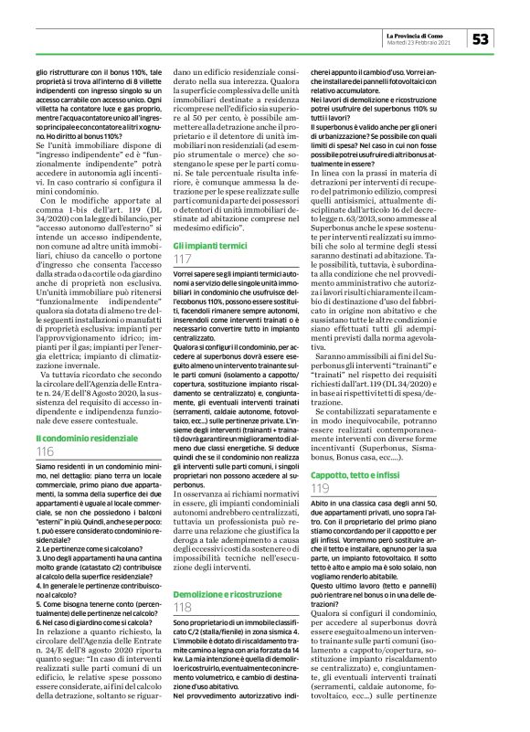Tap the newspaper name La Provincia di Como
(426, 33)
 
